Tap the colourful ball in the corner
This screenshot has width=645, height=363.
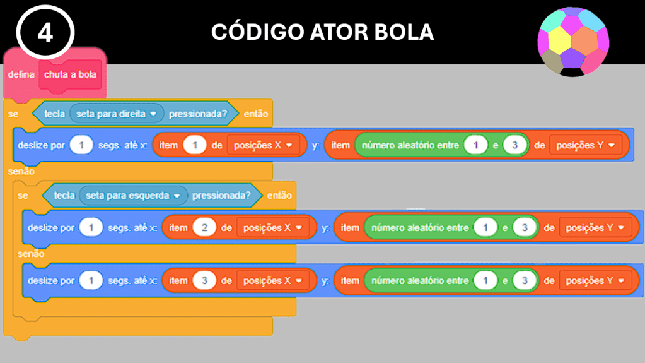[x=572, y=42]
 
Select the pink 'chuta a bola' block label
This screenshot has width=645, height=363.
[x=70, y=74]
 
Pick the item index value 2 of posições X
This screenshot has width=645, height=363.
[x=205, y=228]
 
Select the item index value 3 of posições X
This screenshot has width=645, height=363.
[x=205, y=281]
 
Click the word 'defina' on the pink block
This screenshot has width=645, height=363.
[x=21, y=74]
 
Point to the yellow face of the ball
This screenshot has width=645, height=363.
[x=559, y=40]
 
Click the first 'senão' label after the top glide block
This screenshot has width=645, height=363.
[x=21, y=171]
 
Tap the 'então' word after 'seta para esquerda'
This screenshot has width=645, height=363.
[x=279, y=196]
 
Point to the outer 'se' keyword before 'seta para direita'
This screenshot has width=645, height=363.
[x=13, y=114]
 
